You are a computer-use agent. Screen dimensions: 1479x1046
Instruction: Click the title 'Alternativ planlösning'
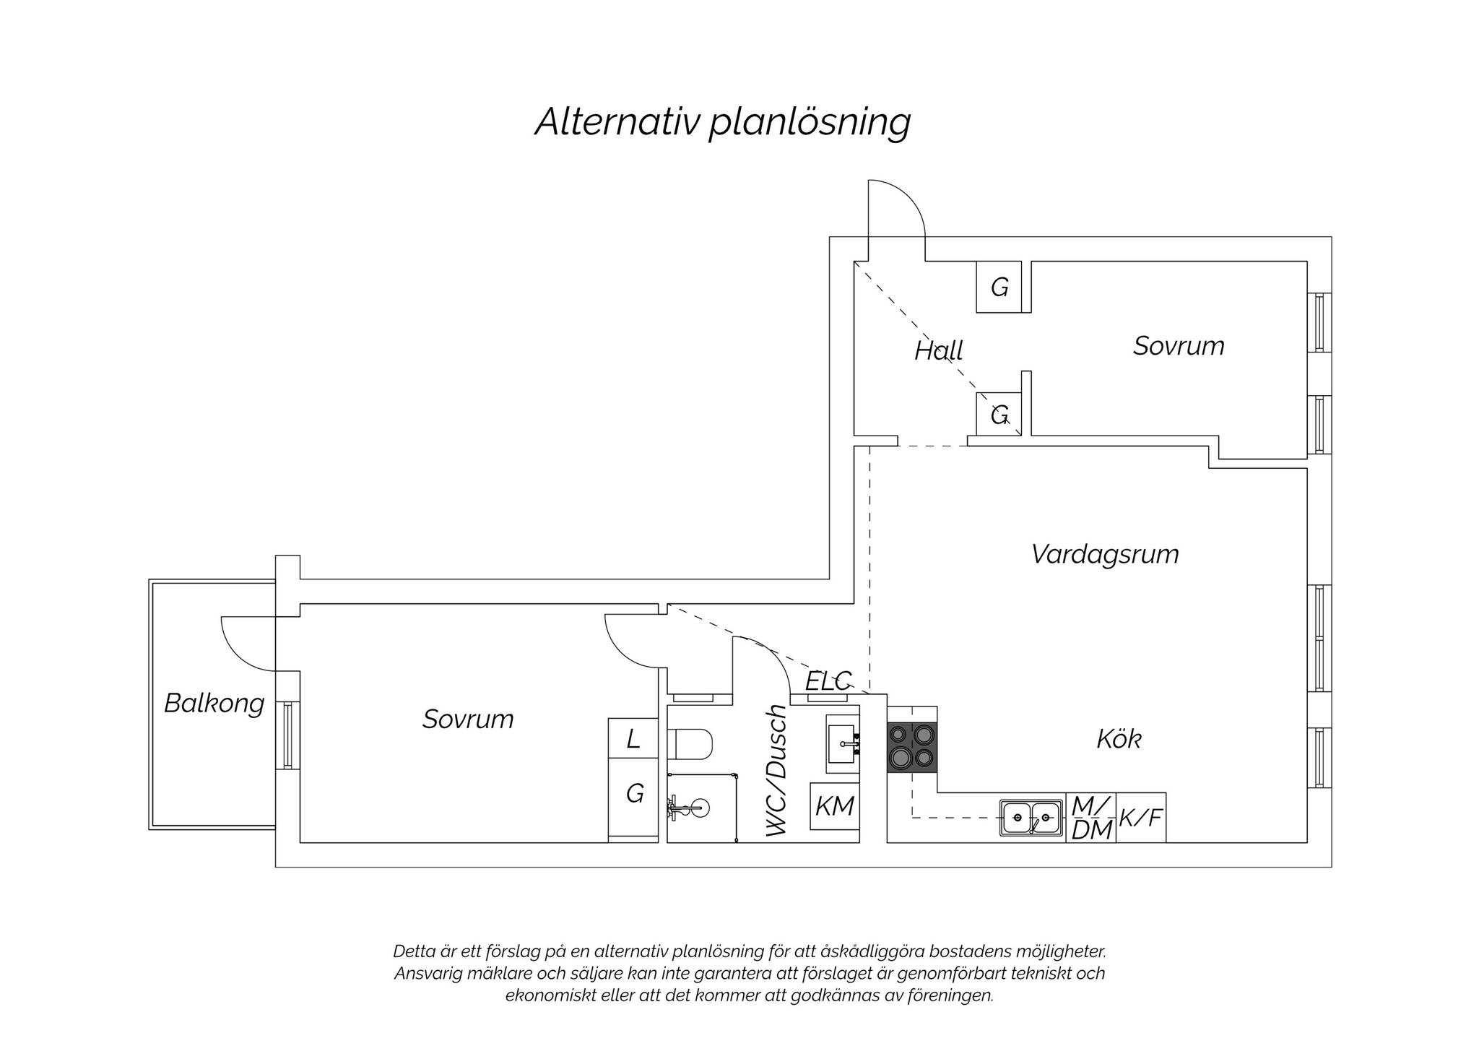(723, 122)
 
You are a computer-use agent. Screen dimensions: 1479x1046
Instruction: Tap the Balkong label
(214, 703)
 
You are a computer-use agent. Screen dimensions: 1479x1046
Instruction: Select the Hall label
(939, 350)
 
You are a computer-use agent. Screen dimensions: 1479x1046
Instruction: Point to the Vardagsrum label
(1105, 554)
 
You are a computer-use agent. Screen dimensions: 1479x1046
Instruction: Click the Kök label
(1119, 738)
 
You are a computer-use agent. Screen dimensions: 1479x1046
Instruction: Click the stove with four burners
(912, 747)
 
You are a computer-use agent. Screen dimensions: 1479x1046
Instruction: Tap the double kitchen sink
(1031, 818)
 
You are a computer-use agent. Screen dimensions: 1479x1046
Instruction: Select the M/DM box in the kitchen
(1091, 818)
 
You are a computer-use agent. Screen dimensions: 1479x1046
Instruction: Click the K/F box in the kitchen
(1141, 818)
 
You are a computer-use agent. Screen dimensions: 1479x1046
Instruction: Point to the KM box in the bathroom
(835, 806)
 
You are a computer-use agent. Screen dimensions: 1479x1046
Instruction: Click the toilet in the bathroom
(690, 744)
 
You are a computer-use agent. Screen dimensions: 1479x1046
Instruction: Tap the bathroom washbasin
(843, 744)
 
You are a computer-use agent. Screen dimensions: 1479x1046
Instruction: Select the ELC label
(829, 680)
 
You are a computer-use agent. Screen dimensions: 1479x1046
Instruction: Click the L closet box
(633, 738)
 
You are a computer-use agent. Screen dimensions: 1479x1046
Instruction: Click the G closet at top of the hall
(999, 288)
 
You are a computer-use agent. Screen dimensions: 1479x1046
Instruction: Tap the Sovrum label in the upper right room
(1179, 346)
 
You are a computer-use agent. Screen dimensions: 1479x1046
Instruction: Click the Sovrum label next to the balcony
(468, 719)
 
